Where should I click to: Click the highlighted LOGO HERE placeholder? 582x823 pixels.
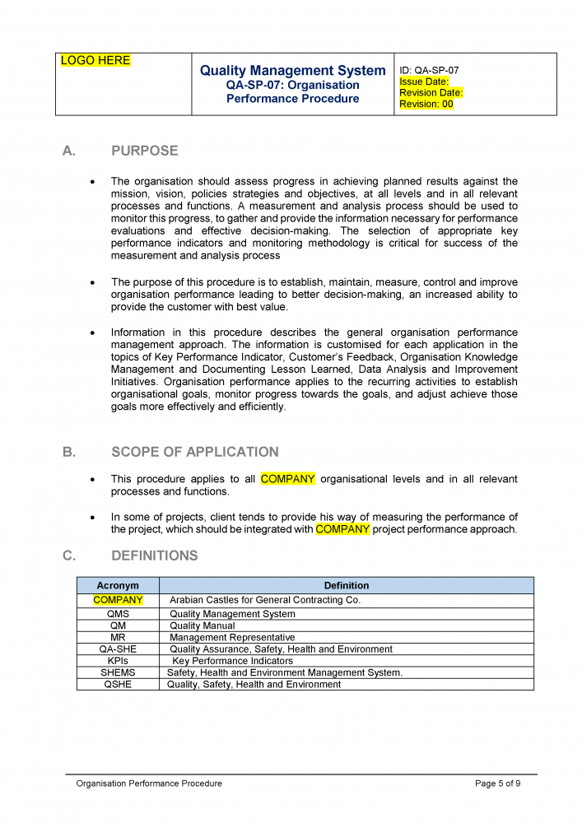[x=95, y=61]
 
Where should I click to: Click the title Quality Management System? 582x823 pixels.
[x=292, y=71]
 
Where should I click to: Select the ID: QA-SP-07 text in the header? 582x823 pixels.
[x=429, y=71]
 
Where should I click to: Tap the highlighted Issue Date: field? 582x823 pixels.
[x=424, y=81]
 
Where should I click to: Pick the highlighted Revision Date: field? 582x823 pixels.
[x=431, y=93]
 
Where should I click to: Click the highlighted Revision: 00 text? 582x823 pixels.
[x=426, y=105]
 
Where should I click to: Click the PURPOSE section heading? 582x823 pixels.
[x=144, y=151]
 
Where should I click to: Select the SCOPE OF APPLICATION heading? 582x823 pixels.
[x=194, y=452]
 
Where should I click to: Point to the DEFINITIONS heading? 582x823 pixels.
[x=154, y=556]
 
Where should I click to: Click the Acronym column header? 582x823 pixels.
[x=118, y=586]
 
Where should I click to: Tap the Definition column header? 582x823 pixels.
[x=346, y=586]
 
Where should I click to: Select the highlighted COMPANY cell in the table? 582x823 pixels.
[x=118, y=600]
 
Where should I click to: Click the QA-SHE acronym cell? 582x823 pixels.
[x=118, y=649]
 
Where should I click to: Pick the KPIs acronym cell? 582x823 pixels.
[x=118, y=661]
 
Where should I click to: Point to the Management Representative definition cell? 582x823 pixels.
[x=232, y=638]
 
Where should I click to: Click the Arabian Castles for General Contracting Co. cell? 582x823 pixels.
[x=265, y=600]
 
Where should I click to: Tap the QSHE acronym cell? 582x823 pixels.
[x=118, y=685]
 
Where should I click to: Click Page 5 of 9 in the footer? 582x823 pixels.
[x=497, y=783]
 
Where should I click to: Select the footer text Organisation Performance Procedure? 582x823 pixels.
[x=149, y=783]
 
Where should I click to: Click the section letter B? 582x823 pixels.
[x=68, y=452]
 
